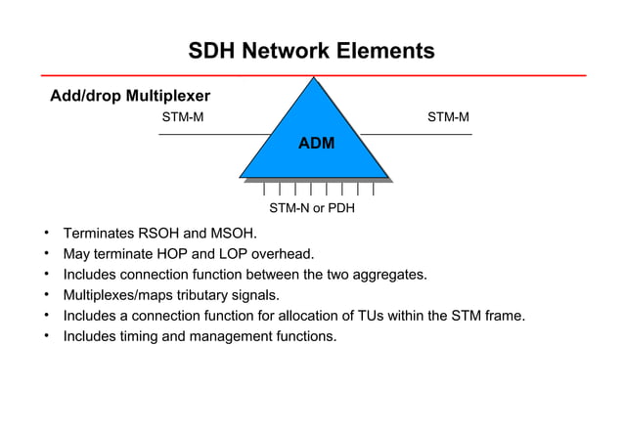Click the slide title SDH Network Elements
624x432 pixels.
tap(311, 51)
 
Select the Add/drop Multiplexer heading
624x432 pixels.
tap(130, 96)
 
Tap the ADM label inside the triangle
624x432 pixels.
tap(316, 144)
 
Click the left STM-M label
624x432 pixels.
tap(182, 118)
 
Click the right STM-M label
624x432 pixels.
tap(448, 118)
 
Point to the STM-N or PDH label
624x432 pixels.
tap(312, 208)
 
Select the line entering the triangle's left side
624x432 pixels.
tap(215, 134)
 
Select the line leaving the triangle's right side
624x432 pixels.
tap(416, 134)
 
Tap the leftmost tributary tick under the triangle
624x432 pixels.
tap(264, 190)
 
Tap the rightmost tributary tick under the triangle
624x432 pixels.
tap(373, 190)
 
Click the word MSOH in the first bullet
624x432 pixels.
tap(236, 234)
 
